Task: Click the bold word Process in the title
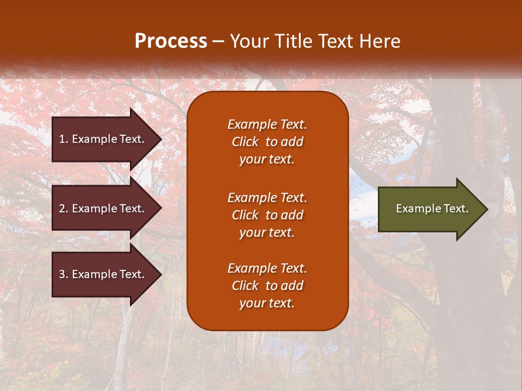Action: [171, 41]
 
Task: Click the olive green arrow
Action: [430, 209]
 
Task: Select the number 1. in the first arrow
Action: [63, 139]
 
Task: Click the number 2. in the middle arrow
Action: [63, 209]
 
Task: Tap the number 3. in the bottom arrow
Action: [63, 274]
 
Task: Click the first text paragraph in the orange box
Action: [267, 142]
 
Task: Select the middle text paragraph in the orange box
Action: [267, 215]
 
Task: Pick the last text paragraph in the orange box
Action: [267, 286]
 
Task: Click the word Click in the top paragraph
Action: [245, 142]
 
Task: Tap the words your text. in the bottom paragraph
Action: [267, 303]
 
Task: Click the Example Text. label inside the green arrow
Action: [432, 209]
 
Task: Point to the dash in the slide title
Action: [219, 41]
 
